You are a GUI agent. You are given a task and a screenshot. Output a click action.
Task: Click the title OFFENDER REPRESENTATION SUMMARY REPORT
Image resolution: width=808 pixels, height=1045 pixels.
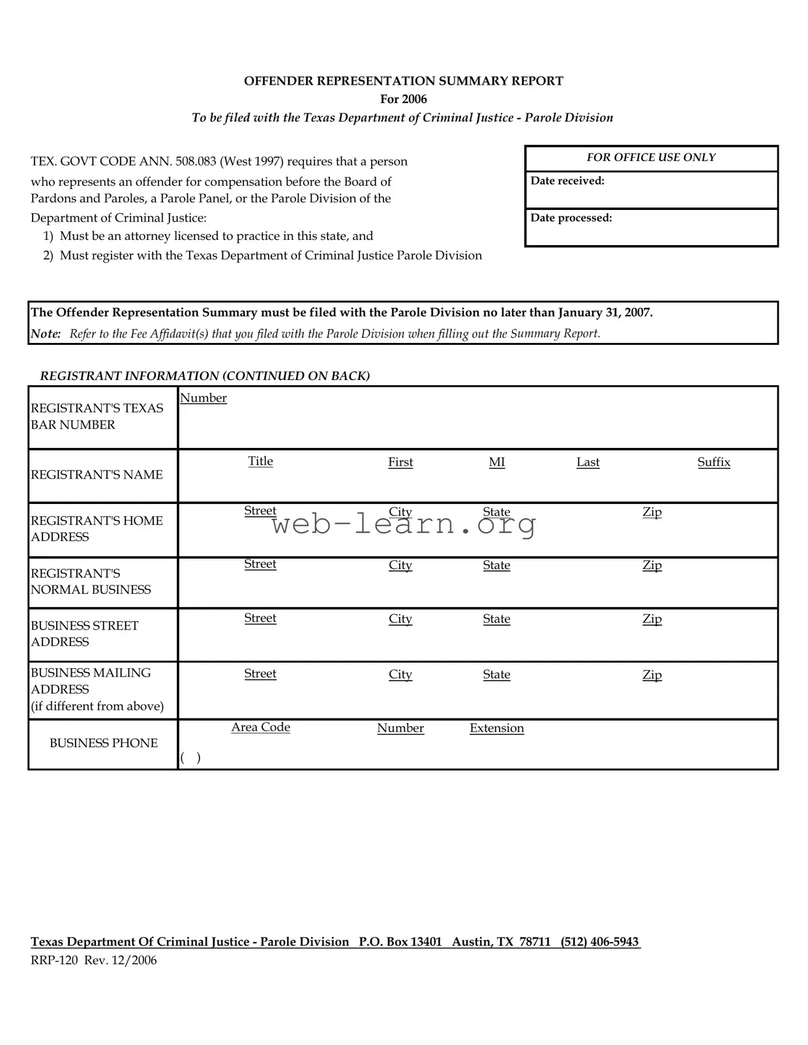pyautogui.click(x=403, y=81)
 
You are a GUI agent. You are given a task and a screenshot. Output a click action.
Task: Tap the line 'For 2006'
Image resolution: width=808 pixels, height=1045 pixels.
pyautogui.click(x=403, y=99)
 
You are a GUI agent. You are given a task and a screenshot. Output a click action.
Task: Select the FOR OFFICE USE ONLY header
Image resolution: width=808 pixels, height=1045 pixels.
pyautogui.click(x=650, y=157)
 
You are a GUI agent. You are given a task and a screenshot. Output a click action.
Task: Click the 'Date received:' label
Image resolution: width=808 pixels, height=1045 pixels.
pyautogui.click(x=567, y=181)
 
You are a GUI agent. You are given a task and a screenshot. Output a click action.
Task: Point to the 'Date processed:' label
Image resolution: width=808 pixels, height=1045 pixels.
pyautogui.click(x=571, y=218)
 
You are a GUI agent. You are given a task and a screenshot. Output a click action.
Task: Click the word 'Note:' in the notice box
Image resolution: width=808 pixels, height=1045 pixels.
pyautogui.click(x=46, y=334)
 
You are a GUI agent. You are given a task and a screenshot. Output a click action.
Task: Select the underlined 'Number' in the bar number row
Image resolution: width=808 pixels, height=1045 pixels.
pyautogui.click(x=203, y=398)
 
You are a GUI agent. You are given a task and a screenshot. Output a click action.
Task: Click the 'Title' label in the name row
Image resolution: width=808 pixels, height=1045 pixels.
pyautogui.click(x=260, y=461)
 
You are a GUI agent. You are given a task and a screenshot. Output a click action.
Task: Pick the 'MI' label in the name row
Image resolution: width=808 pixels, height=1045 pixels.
pyautogui.click(x=496, y=462)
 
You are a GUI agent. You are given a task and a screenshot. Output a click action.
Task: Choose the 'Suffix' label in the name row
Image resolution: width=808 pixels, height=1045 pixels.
pyautogui.click(x=713, y=462)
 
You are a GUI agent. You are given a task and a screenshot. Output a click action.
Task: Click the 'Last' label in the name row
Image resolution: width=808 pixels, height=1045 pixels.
pyautogui.click(x=588, y=462)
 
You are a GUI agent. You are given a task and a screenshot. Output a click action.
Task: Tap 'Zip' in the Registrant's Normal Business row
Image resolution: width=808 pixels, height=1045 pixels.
pyautogui.click(x=651, y=565)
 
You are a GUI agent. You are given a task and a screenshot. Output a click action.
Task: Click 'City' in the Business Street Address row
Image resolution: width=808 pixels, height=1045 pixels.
pyautogui.click(x=400, y=619)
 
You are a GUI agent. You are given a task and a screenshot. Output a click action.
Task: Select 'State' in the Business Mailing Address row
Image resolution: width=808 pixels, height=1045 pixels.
pyautogui.click(x=496, y=675)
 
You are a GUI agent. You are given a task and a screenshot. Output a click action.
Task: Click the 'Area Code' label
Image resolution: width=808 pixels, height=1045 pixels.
pyautogui.click(x=260, y=727)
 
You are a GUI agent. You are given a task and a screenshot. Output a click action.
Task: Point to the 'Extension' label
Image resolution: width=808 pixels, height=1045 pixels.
pyautogui.click(x=496, y=728)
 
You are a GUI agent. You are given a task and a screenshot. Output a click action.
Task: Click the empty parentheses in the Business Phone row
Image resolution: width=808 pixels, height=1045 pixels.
pyautogui.click(x=190, y=757)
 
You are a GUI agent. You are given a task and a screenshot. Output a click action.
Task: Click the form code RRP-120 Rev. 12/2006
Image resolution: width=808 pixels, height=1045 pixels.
pyautogui.click(x=93, y=960)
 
